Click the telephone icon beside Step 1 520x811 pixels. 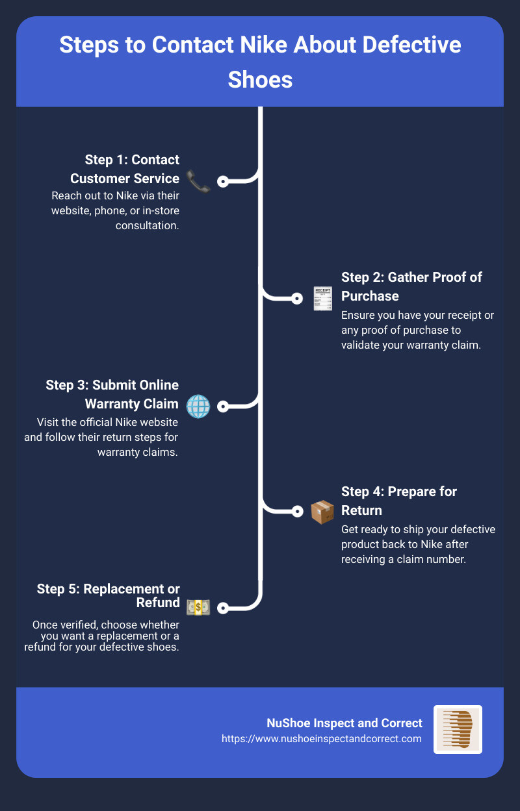click(198, 181)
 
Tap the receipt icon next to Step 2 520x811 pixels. click(322, 299)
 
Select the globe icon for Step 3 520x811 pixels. click(198, 406)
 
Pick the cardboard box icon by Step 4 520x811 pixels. click(322, 512)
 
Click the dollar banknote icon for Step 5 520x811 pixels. click(198, 608)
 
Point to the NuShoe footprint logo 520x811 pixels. click(458, 729)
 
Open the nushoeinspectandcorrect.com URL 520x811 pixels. click(322, 738)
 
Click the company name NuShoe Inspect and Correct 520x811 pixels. click(344, 723)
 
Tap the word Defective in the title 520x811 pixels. click(411, 45)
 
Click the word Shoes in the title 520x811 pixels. click(260, 80)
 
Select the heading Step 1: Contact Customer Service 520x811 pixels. click(125, 169)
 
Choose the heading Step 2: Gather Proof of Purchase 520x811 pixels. click(411, 286)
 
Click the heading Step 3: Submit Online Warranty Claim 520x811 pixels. click(112, 394)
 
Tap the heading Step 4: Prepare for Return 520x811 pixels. click(399, 501)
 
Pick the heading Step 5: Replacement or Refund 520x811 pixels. click(109, 595)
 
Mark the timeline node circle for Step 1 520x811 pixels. click(223, 181)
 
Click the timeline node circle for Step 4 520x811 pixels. click(297, 512)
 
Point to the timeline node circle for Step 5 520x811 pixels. click(223, 608)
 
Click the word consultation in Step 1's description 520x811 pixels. click(148, 225)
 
